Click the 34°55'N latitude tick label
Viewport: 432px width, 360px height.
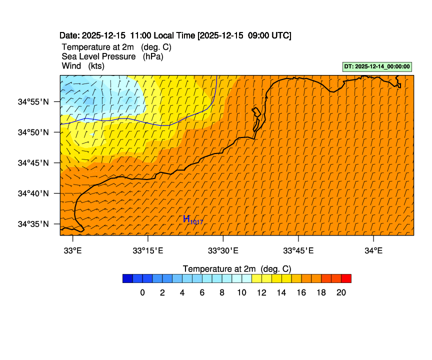(x=34, y=101)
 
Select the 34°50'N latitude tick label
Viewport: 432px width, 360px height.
(x=34, y=132)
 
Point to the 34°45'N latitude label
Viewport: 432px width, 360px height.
(x=34, y=162)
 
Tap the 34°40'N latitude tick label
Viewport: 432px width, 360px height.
(x=34, y=193)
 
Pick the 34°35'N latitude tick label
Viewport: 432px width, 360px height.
(x=34, y=223)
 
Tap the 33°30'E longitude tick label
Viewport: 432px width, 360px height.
(x=223, y=250)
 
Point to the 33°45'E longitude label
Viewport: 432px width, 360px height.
(x=298, y=250)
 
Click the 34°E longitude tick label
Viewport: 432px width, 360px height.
(x=373, y=250)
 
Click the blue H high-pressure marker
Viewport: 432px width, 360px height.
(x=187, y=218)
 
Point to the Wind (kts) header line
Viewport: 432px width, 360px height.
(x=83, y=66)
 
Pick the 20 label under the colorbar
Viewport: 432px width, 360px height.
(x=341, y=293)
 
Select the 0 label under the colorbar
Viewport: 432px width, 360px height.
(x=142, y=293)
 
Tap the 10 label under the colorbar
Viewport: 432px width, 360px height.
(x=241, y=293)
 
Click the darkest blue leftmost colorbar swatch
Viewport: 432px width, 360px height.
(x=127, y=278)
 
